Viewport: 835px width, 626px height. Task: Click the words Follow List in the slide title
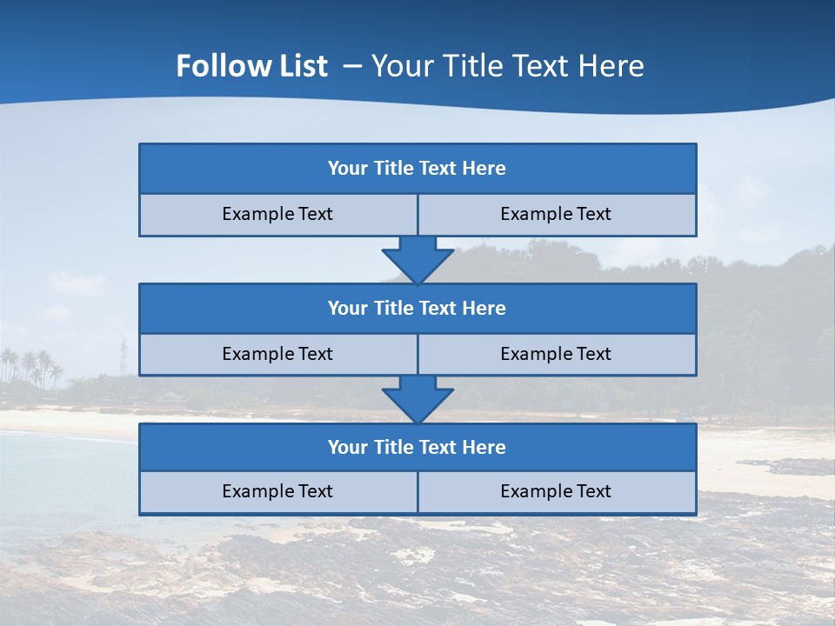click(251, 66)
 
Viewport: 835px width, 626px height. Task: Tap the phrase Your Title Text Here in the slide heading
click(507, 66)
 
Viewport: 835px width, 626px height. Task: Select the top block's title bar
click(417, 169)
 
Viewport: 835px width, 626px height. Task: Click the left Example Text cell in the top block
click(277, 214)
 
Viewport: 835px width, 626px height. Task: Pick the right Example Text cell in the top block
click(557, 214)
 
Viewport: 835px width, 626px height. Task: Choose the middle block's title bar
click(417, 309)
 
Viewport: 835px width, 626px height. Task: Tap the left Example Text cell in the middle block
click(277, 354)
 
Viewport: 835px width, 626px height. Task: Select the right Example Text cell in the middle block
click(557, 354)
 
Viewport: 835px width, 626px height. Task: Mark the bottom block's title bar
click(417, 448)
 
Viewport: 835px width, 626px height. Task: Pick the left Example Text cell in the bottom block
click(277, 491)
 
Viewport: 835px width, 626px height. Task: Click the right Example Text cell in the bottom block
click(557, 491)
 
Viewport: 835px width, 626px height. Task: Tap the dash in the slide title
click(352, 66)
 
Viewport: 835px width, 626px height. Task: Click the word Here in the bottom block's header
click(484, 448)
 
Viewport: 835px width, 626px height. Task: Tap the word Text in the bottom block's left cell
click(315, 491)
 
